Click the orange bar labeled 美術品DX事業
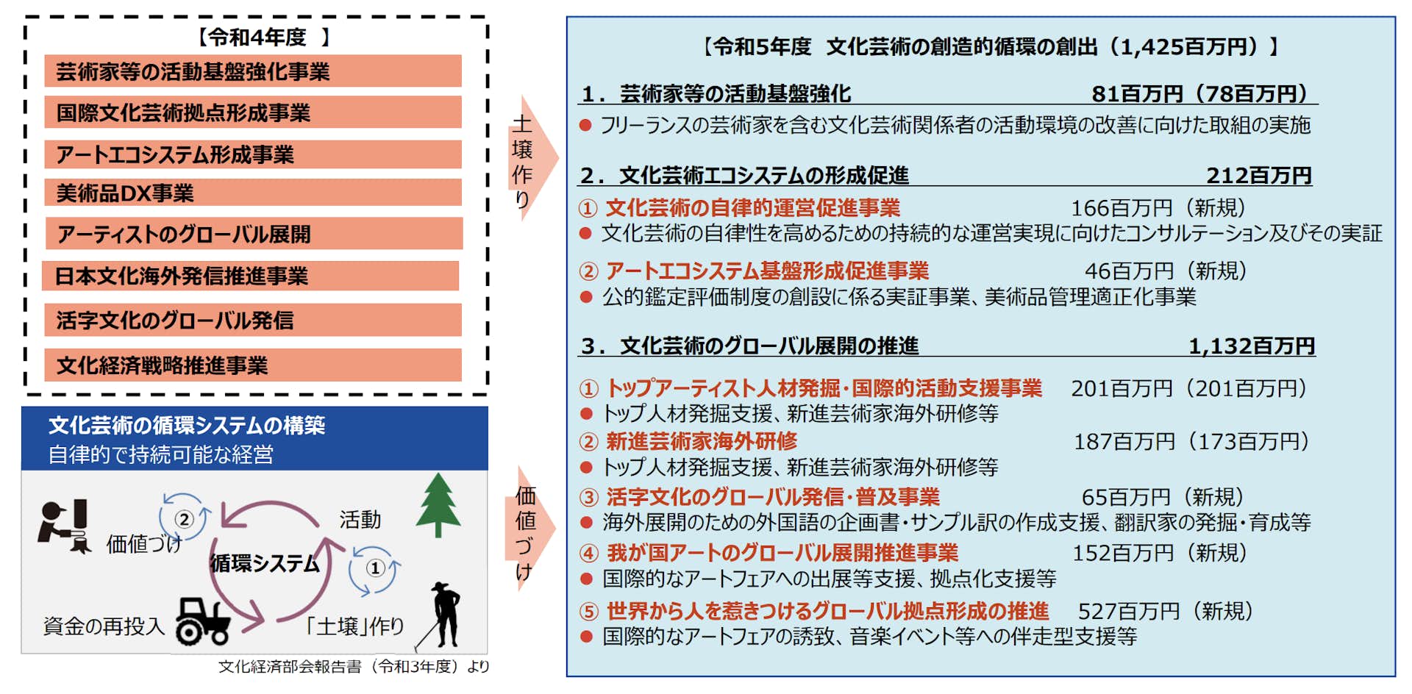(x=253, y=193)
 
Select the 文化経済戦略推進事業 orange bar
(x=253, y=365)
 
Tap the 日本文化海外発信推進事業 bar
(x=251, y=276)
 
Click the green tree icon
(x=438, y=505)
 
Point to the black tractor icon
(x=203, y=620)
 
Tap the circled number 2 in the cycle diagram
(x=184, y=519)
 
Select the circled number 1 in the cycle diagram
(x=375, y=568)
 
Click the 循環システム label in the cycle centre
(x=265, y=563)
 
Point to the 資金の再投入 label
(x=104, y=626)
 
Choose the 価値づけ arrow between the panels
(x=530, y=528)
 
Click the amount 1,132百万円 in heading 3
(x=1252, y=346)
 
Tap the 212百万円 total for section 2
(x=1259, y=175)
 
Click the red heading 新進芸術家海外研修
(x=702, y=441)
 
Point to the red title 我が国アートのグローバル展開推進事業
(x=782, y=553)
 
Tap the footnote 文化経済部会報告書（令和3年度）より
(x=354, y=666)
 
